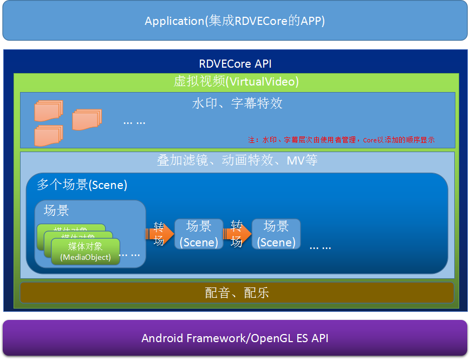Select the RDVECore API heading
point(235,64)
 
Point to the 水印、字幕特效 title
point(237,103)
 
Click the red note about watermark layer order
point(341,140)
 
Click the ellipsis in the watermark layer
point(134,122)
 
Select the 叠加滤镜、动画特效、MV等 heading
point(237,161)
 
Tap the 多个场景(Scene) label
point(82,185)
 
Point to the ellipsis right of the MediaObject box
point(129,253)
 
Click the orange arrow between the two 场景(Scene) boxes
point(238,234)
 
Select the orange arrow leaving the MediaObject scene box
point(159,234)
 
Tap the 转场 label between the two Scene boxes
point(237,233)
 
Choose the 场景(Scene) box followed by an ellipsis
point(276,234)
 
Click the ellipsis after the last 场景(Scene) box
point(320,246)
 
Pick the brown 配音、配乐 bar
point(237,293)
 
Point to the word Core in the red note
point(369,140)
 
